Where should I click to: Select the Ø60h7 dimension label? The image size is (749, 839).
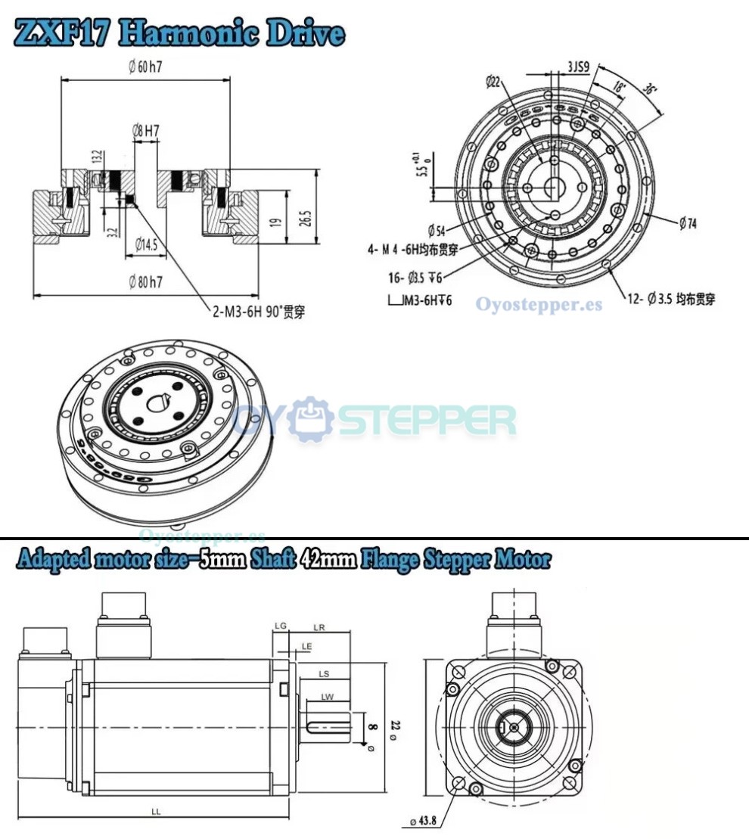(x=145, y=67)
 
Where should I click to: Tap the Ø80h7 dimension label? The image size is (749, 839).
(x=146, y=283)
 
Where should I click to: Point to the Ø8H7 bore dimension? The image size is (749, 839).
(x=145, y=130)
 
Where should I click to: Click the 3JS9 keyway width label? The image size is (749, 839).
(x=580, y=67)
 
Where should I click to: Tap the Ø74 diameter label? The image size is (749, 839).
(x=687, y=223)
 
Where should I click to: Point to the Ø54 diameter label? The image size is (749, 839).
(x=437, y=230)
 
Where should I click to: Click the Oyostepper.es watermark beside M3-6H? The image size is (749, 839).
(x=539, y=304)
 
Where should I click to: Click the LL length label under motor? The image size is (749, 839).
(x=155, y=811)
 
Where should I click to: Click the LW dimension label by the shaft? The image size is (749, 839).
(x=327, y=697)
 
